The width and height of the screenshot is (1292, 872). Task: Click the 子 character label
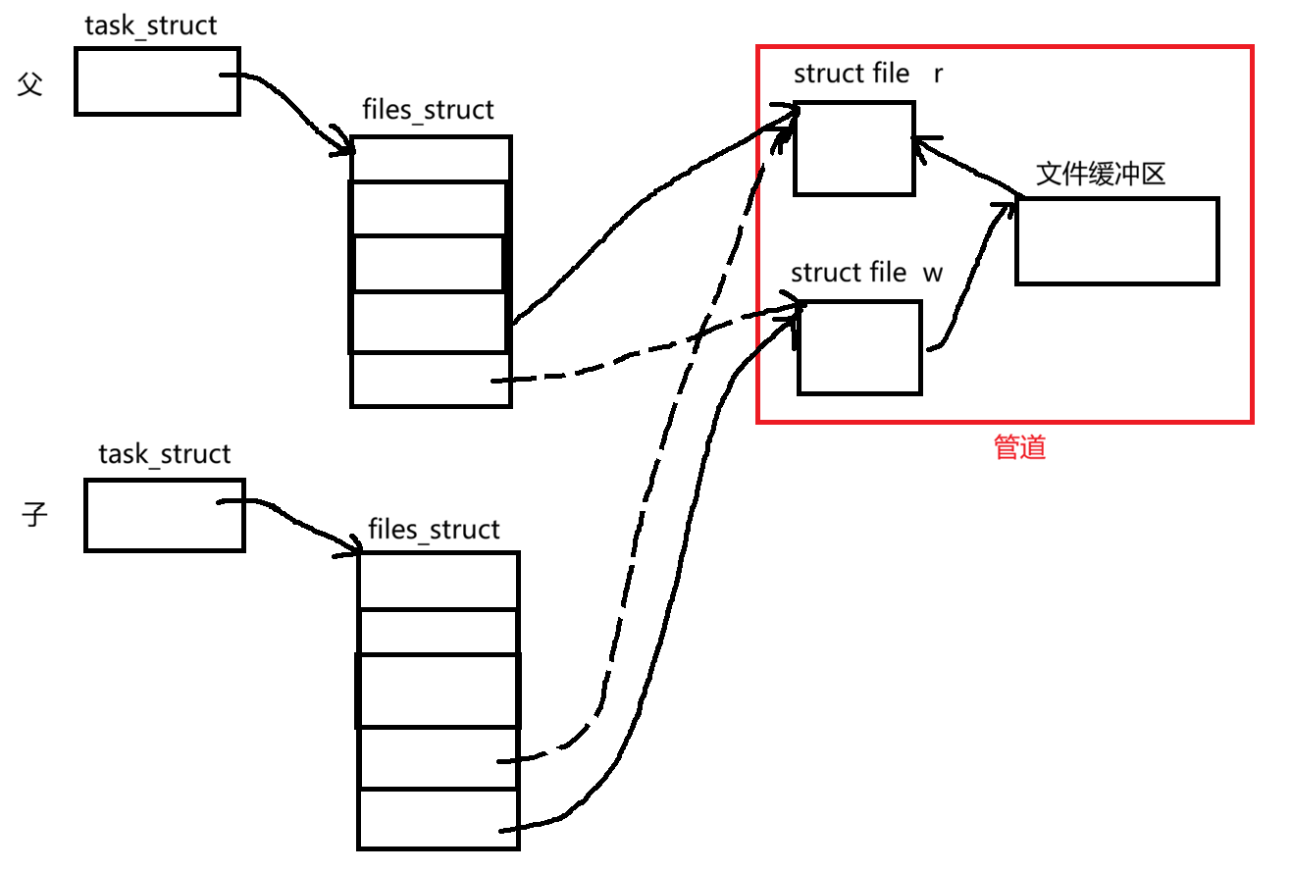pyautogui.click(x=35, y=514)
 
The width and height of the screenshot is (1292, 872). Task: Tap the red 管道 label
pyautogui.click(x=1019, y=448)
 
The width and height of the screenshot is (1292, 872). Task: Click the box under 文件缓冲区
pyautogui.click(x=1116, y=241)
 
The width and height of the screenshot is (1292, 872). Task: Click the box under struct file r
pyautogui.click(x=853, y=149)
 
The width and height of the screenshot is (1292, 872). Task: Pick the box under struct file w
pyautogui.click(x=859, y=347)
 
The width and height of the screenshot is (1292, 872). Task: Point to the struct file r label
pyautogui.click(x=868, y=74)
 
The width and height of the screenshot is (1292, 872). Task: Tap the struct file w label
pyautogui.click(x=866, y=272)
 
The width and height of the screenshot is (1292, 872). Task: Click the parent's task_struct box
pyautogui.click(x=157, y=80)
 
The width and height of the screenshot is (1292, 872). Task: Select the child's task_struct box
pyautogui.click(x=164, y=515)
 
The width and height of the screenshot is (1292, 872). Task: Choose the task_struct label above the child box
pyautogui.click(x=164, y=454)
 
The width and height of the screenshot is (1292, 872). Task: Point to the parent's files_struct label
pyautogui.click(x=428, y=110)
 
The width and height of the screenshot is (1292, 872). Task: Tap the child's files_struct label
pyautogui.click(x=434, y=530)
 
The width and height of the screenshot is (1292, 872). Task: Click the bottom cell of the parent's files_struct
pyautogui.click(x=430, y=380)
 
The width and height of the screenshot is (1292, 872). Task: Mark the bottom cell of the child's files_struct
pyautogui.click(x=438, y=819)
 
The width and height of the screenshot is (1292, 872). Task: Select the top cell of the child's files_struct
pyautogui.click(x=438, y=580)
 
